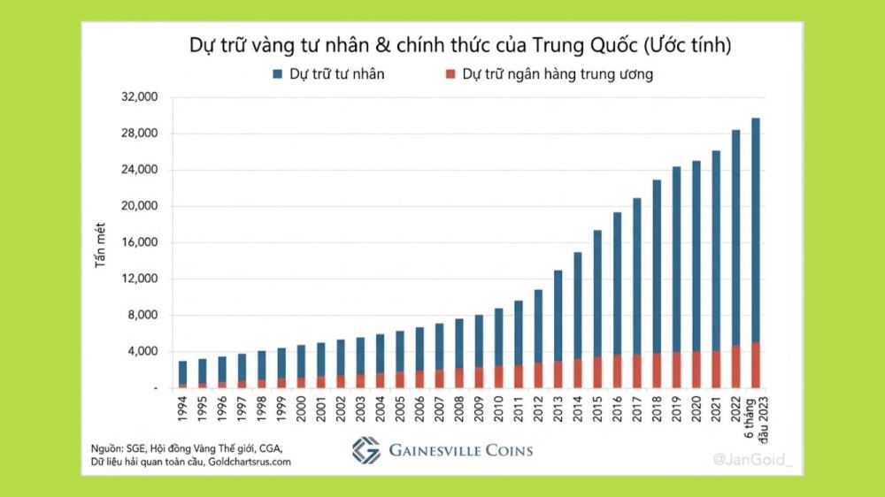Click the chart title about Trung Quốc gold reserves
[x=460, y=45]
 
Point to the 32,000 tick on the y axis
[x=139, y=97]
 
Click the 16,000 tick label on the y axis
[x=139, y=243]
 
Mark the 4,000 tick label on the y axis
[x=142, y=352]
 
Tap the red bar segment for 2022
[x=736, y=367]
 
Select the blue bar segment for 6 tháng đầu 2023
[x=756, y=230]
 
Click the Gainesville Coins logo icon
[x=366, y=450]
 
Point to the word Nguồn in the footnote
[x=108, y=447]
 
